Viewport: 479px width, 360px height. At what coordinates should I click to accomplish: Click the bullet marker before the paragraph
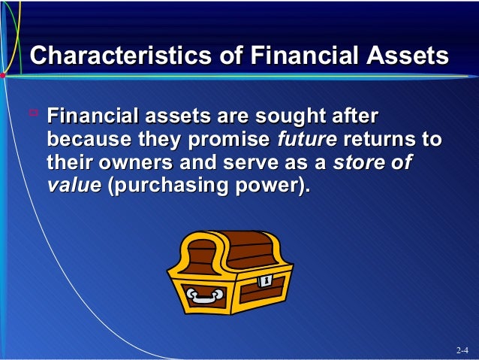(x=33, y=114)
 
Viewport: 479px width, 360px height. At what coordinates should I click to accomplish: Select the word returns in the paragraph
(x=381, y=141)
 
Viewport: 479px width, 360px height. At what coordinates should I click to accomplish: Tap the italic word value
(x=74, y=186)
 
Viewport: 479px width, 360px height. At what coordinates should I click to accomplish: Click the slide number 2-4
(x=462, y=351)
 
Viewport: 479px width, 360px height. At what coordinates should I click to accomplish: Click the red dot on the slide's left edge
(x=3, y=76)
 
